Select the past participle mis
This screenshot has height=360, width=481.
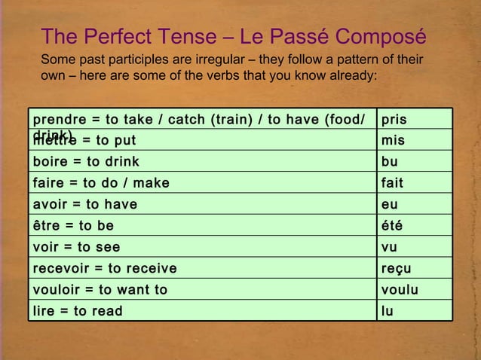coord(393,140)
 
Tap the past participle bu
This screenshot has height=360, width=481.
coord(390,161)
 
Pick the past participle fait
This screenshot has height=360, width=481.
coord(392,182)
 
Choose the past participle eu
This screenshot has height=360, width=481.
coord(390,204)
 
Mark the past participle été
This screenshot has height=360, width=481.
coord(392,225)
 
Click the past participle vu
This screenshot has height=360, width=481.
coord(390,246)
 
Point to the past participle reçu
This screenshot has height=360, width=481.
coord(397,268)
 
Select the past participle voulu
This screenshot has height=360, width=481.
coord(400,289)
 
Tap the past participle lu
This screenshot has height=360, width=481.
coord(388,310)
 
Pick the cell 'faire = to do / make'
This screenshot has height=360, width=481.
coord(101,182)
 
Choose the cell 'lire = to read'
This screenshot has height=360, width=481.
coord(76,310)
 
